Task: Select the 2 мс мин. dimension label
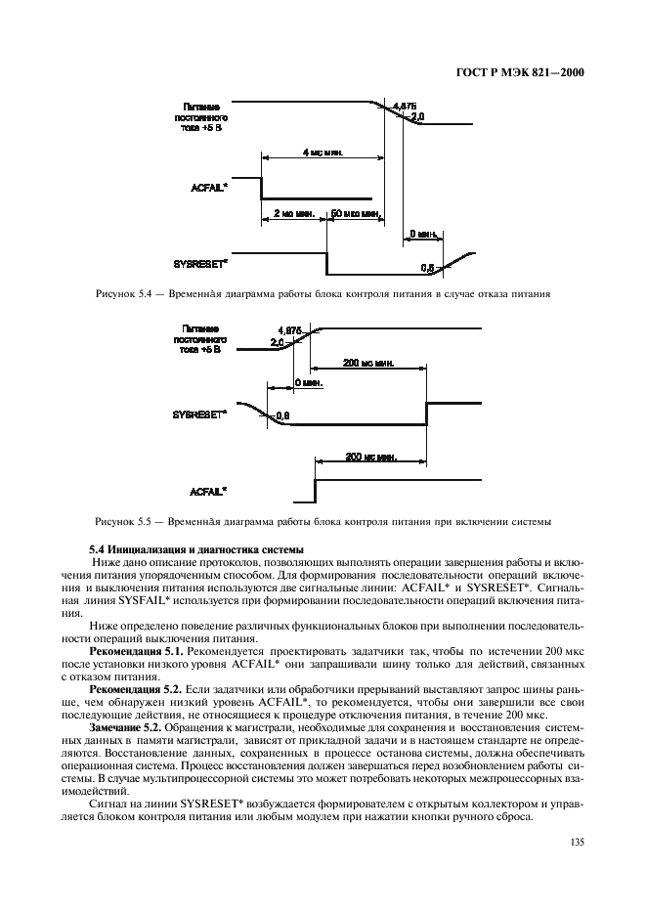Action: [292, 212]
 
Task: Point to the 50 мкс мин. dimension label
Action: [353, 212]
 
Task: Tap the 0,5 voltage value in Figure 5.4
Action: [427, 265]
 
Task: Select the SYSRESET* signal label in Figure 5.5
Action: [202, 414]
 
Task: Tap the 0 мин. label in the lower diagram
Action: [308, 383]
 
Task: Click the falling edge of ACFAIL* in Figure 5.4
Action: [261, 188]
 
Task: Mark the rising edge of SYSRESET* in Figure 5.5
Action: [427, 414]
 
